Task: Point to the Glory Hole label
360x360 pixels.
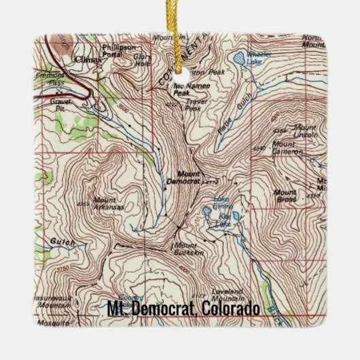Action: pos(141,60)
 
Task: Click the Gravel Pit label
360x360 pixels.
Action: pos(61,103)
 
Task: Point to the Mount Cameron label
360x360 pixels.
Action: pos(287,147)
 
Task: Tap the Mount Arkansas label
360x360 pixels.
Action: pos(109,203)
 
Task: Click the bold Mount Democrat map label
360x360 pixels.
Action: pos(183,178)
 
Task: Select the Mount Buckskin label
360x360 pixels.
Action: pos(186,249)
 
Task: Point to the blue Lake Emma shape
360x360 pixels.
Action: pos(206,212)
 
